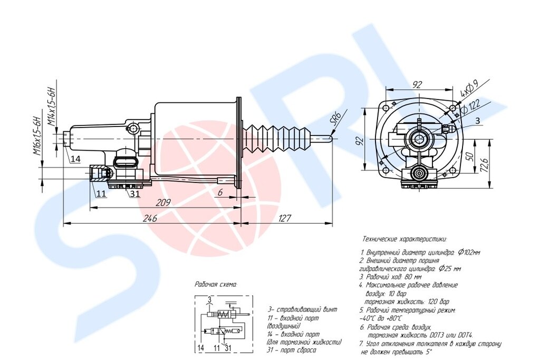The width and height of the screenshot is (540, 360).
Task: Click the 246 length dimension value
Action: (x=150, y=218)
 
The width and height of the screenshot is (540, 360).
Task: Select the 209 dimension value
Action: (x=163, y=203)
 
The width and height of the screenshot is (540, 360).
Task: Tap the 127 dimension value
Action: (x=284, y=218)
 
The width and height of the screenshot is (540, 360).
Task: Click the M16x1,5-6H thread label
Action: (x=37, y=136)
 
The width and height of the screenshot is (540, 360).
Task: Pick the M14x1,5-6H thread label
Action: (x=51, y=103)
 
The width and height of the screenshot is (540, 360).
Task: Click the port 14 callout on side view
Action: (x=75, y=159)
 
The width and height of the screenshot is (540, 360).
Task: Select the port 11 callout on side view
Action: (x=101, y=193)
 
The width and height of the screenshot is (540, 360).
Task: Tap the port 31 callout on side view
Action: (x=136, y=193)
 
